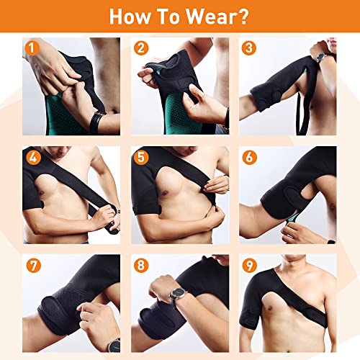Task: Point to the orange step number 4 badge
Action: coord(31,157)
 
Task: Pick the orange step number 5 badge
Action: coord(139,157)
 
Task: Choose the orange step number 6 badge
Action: coord(249,157)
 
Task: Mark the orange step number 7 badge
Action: coord(31,264)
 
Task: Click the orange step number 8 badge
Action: coord(139,264)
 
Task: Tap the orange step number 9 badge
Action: coord(249,264)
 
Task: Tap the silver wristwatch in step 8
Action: coord(176,294)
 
